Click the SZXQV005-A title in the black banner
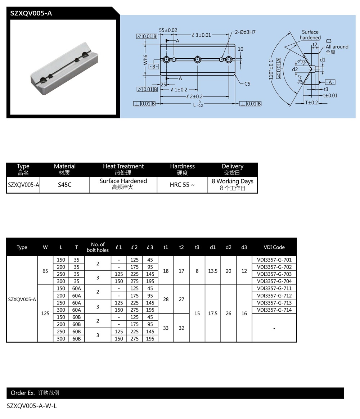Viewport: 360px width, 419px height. (31, 13)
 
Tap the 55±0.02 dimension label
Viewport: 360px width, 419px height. (168, 30)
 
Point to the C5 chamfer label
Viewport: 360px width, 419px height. (247, 84)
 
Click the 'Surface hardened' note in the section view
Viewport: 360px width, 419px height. (310, 35)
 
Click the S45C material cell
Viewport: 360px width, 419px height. (65, 185)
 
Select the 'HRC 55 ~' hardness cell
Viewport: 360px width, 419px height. (182, 185)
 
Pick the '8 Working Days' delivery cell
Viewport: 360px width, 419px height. (233, 184)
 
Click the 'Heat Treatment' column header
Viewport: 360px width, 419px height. (123, 170)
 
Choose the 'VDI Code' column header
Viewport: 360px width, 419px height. (274, 247)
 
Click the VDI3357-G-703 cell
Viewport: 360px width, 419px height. (274, 274)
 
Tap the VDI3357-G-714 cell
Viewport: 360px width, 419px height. (274, 310)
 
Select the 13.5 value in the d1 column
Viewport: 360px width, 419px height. (213, 271)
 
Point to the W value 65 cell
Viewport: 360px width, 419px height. (45, 271)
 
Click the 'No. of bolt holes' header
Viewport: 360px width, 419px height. (98, 247)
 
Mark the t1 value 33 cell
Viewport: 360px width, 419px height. (166, 328)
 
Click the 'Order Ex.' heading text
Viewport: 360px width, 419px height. (22, 393)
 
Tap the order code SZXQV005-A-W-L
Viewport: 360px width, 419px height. (32, 406)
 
